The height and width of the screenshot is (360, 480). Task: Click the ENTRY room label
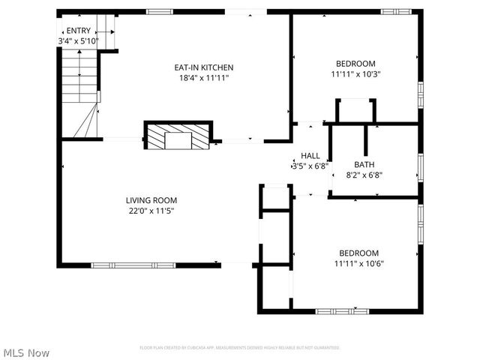pos(77,31)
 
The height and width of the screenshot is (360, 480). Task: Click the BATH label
pos(364,164)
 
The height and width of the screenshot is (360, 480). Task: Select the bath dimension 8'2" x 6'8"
pos(364,175)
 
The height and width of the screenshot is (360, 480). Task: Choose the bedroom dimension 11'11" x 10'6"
pos(358,263)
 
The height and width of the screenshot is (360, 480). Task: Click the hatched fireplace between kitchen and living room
pos(178,136)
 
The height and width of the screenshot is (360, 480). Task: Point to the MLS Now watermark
pos(26,352)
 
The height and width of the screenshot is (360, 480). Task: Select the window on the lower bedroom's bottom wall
pos(336,310)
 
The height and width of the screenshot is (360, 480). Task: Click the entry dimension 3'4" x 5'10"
pos(77,40)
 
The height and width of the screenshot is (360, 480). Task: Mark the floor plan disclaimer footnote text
pos(240,348)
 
